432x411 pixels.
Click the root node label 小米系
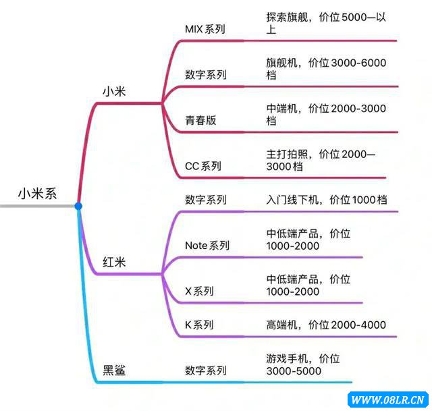(37, 194)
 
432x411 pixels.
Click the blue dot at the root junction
(78, 205)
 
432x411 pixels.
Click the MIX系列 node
(205, 29)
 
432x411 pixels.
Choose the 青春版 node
(201, 121)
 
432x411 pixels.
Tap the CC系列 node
(203, 165)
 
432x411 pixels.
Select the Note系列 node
(207, 246)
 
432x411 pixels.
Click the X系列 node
(199, 292)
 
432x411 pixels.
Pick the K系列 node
(199, 325)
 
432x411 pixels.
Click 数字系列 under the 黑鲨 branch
(206, 371)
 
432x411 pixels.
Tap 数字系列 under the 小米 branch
(206, 75)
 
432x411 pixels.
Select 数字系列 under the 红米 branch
(206, 200)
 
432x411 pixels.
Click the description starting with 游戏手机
(308, 364)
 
